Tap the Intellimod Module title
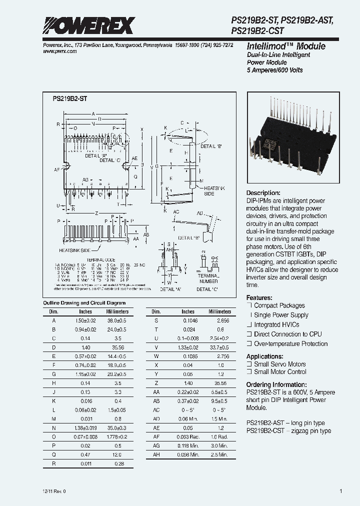pos(286,46)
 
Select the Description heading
pos(263,193)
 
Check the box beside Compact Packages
pos(249,305)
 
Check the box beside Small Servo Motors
pos(249,364)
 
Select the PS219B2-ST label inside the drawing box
pos(70,99)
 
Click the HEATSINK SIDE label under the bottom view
pos(74,249)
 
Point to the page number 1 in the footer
pos(340,491)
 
